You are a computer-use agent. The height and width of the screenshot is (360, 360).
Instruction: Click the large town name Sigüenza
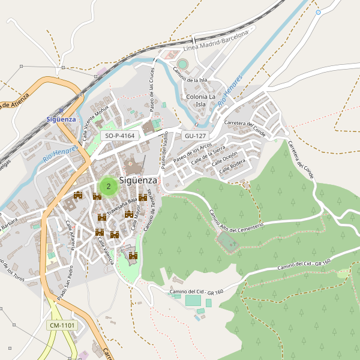point(138,180)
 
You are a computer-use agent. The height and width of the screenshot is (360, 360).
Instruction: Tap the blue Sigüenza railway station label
point(61,119)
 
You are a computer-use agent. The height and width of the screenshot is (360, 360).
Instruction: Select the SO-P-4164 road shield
point(119,136)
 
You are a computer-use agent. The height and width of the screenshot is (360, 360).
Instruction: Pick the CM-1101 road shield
point(62,325)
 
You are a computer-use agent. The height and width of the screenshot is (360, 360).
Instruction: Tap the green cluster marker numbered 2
point(108,187)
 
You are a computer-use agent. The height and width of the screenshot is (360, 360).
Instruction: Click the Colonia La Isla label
point(201,100)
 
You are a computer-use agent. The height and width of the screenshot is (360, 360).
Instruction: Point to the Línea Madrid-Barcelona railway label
point(215,41)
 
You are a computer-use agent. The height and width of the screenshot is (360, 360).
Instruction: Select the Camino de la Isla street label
point(190,75)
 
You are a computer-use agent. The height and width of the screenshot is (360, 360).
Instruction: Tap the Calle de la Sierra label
point(208,155)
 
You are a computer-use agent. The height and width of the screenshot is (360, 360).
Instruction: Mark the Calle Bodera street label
point(233,168)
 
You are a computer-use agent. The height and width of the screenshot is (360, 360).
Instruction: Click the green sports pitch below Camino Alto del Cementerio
point(227,242)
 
